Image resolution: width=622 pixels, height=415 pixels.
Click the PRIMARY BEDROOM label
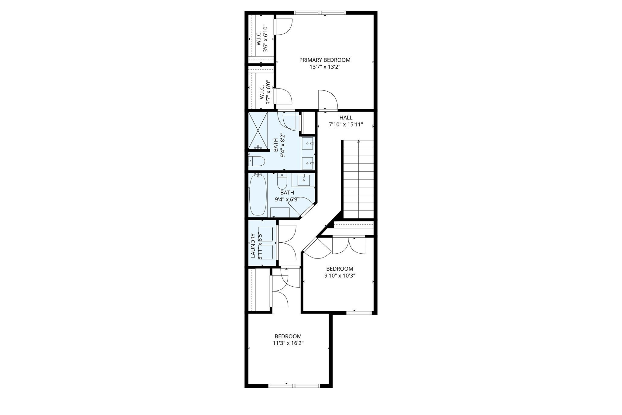(x=325, y=60)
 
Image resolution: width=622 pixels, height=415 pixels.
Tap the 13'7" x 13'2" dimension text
(x=325, y=67)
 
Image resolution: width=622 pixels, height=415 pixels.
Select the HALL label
(x=346, y=118)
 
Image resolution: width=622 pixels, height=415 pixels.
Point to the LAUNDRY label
(x=253, y=245)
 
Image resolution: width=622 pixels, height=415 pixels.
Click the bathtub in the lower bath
(x=258, y=196)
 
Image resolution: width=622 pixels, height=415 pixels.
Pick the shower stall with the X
(x=258, y=130)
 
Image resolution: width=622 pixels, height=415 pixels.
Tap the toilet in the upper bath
(x=257, y=161)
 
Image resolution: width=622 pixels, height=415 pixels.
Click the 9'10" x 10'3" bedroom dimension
(x=340, y=276)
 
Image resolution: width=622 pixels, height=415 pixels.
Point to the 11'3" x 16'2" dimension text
(x=288, y=343)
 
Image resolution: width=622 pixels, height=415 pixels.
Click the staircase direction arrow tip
(x=359, y=141)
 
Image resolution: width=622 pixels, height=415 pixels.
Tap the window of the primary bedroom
(x=320, y=13)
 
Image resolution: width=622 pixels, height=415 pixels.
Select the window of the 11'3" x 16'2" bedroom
(x=294, y=386)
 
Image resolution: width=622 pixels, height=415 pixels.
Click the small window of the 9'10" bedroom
(x=359, y=313)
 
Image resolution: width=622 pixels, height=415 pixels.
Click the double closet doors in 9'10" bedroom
(x=349, y=245)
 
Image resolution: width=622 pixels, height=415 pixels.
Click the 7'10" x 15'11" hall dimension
(x=346, y=125)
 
